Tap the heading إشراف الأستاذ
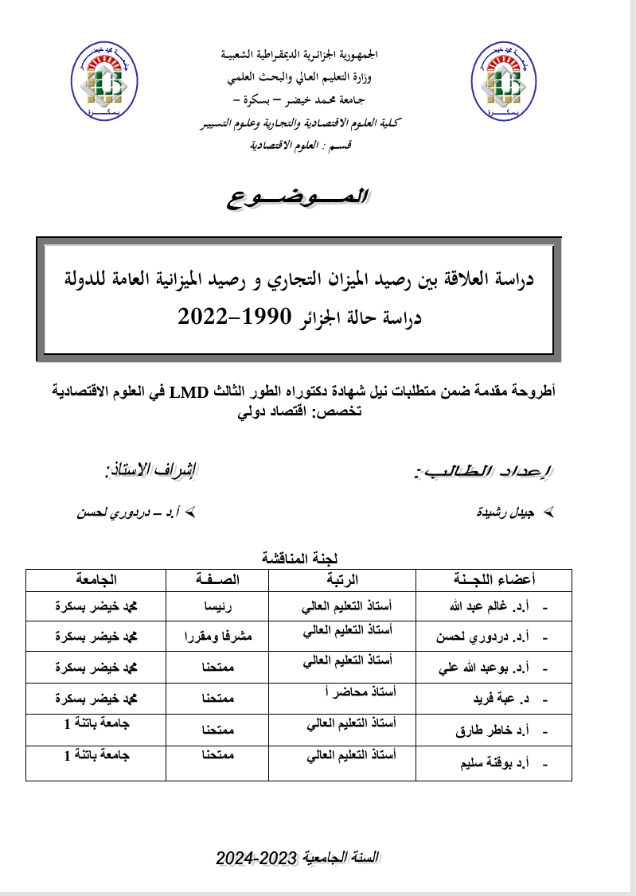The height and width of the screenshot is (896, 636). tap(154, 471)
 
